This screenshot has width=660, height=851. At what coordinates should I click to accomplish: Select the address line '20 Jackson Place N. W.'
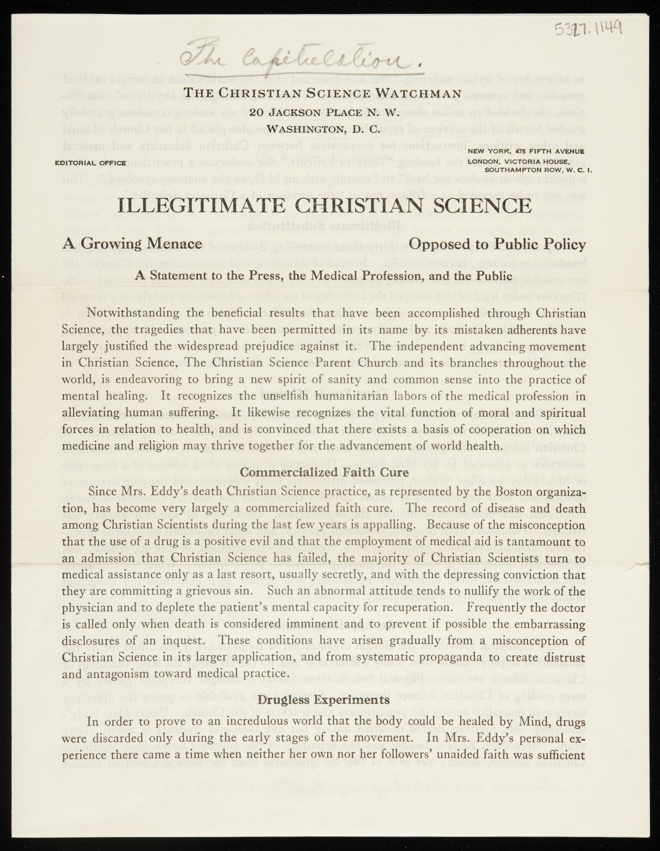pos(323,112)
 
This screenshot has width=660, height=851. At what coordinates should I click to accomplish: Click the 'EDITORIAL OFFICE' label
pos(90,163)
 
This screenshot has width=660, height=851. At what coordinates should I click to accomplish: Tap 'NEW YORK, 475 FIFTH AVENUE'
pos(526,151)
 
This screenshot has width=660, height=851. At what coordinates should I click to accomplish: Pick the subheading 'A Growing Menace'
pos(132,244)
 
